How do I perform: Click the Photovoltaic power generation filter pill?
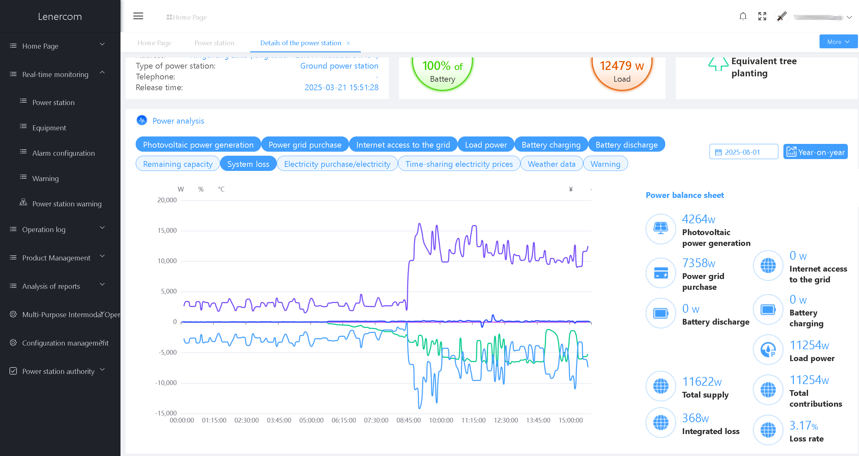(x=198, y=145)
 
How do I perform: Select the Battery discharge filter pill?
(x=626, y=145)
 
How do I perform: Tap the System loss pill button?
(x=248, y=164)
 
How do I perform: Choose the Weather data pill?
(x=552, y=164)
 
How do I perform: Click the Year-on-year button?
(x=815, y=152)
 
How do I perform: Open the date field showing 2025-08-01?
(x=743, y=152)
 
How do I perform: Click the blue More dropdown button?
(x=838, y=42)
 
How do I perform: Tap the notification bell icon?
(x=743, y=16)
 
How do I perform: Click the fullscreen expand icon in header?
(x=762, y=16)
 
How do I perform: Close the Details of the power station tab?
(x=348, y=43)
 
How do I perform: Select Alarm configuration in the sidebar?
(x=63, y=153)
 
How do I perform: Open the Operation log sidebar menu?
(x=44, y=230)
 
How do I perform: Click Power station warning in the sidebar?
(x=67, y=204)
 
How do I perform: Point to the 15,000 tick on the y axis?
(x=167, y=231)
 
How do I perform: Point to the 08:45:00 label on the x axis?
(x=408, y=421)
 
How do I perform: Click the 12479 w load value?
(x=622, y=66)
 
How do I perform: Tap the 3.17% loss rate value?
(x=804, y=426)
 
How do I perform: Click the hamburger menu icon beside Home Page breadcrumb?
(x=138, y=16)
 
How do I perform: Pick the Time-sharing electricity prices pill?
(x=459, y=164)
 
